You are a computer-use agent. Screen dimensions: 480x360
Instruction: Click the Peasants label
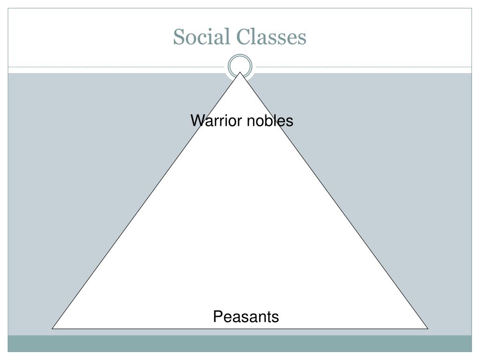246,317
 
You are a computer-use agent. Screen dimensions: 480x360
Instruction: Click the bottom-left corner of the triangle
52,328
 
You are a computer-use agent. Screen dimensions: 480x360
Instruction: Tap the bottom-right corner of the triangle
427,328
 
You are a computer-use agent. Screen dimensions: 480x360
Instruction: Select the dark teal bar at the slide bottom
240,343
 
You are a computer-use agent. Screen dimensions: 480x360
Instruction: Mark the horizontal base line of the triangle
141,328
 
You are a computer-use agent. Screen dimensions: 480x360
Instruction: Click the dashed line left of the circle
117,67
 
